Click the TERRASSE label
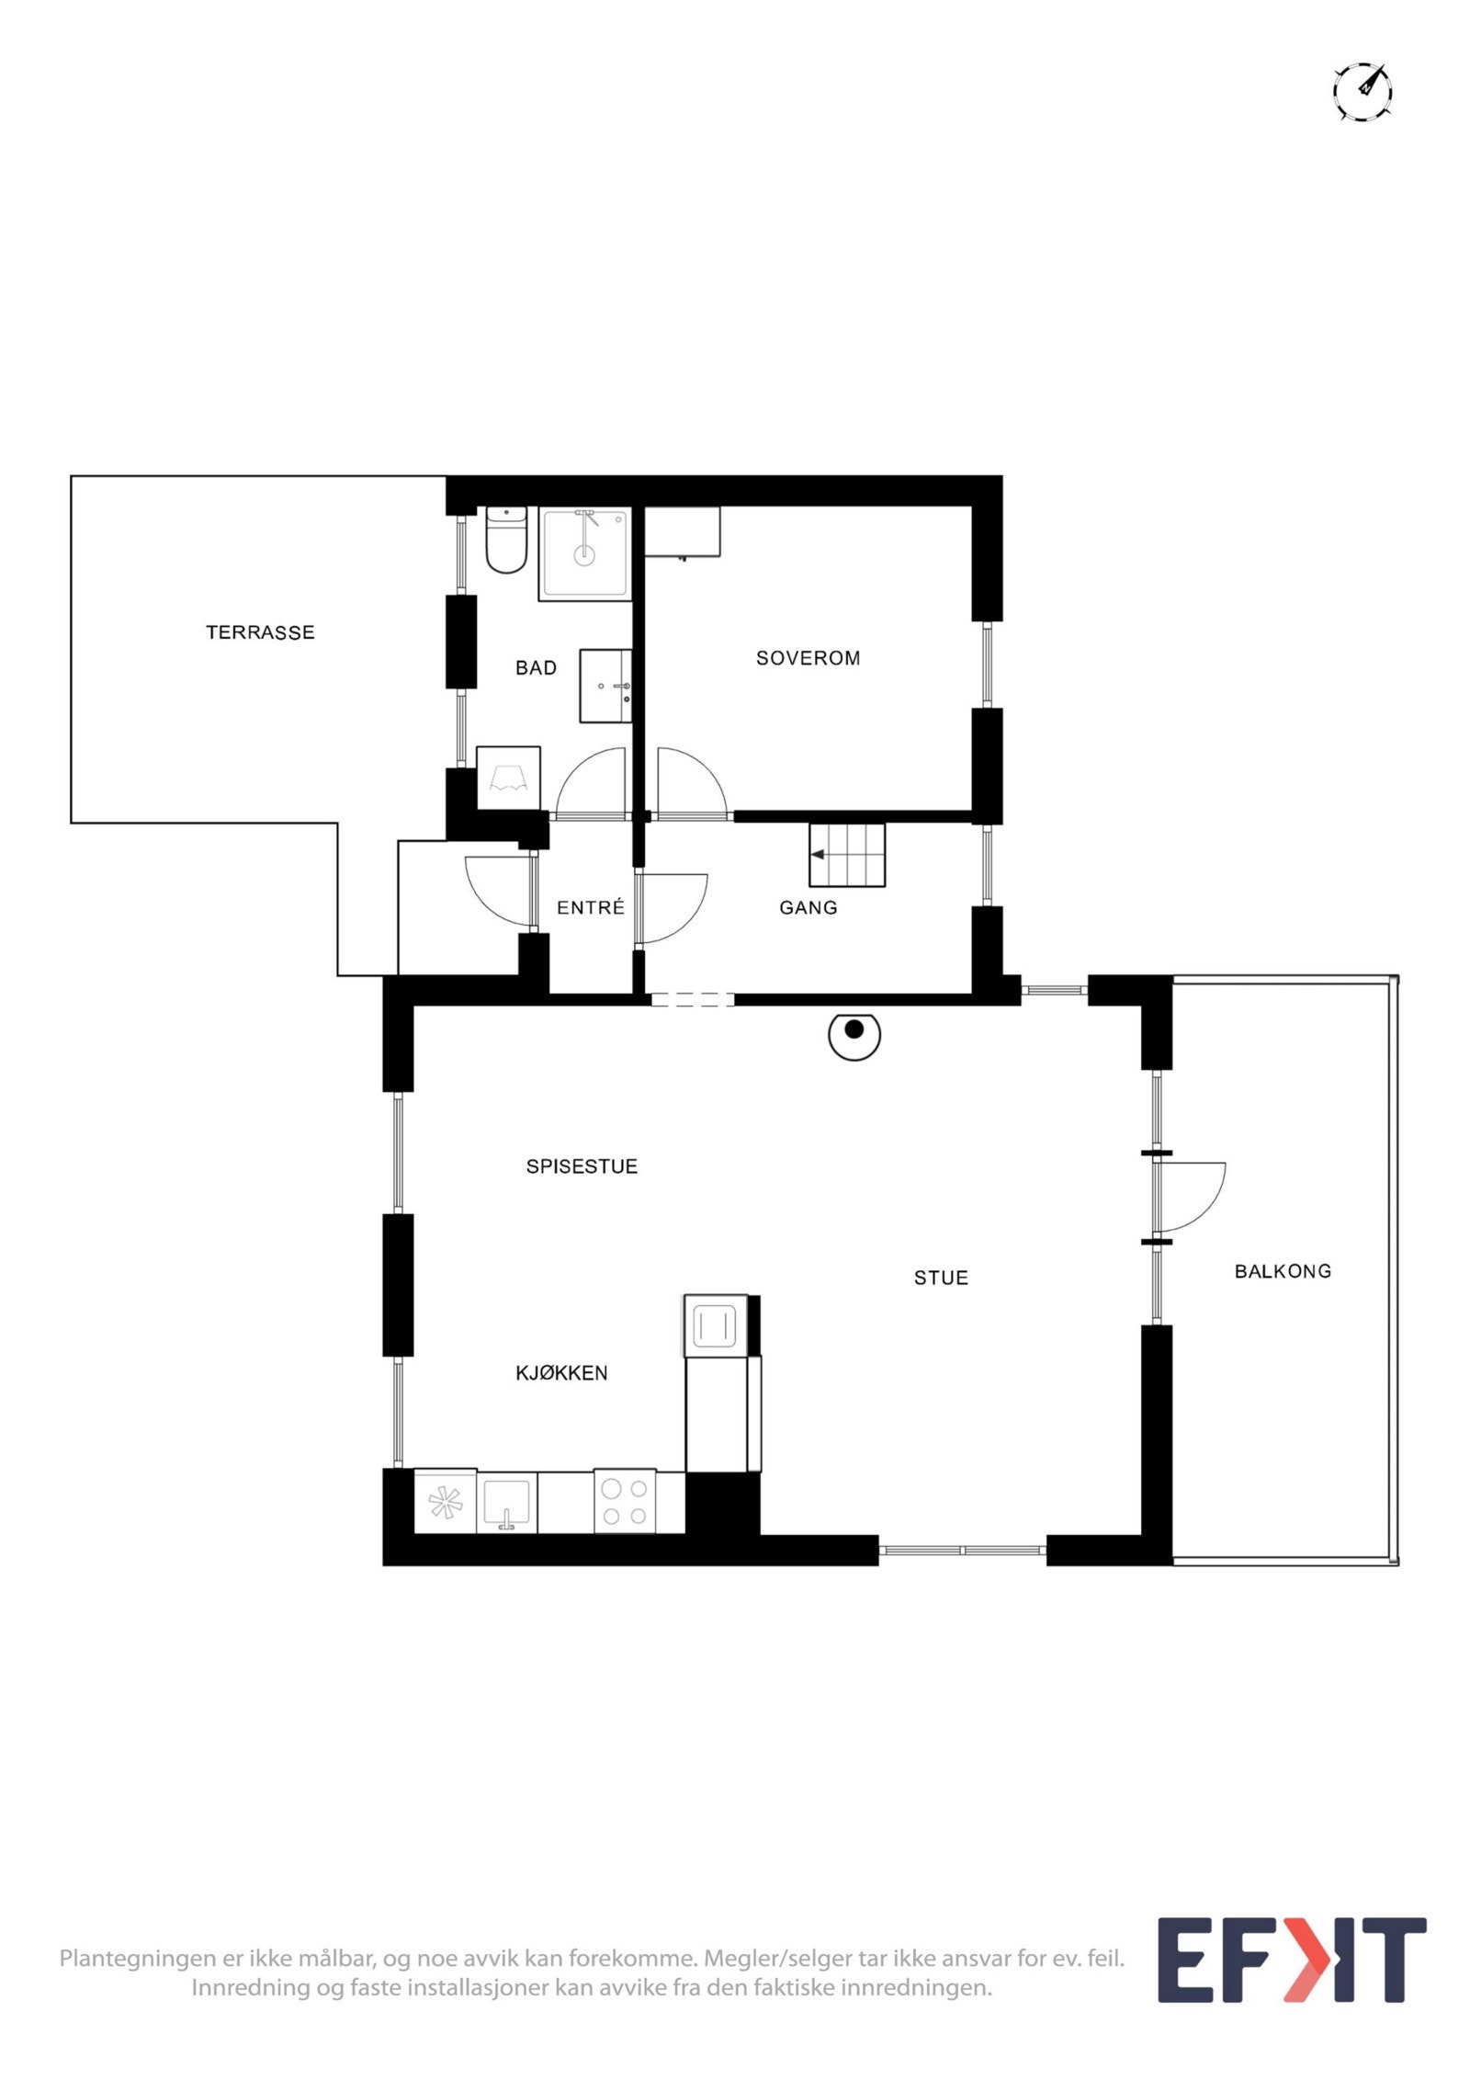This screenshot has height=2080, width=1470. [x=260, y=632]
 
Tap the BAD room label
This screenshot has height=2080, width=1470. [x=536, y=668]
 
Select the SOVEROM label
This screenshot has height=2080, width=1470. [x=808, y=658]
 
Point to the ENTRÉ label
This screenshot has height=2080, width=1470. [x=591, y=908]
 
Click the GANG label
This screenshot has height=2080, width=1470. [x=808, y=908]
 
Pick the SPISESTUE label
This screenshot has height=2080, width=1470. [x=582, y=1166]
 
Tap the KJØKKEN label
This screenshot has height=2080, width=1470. [x=561, y=1373]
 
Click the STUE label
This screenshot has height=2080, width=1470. [x=941, y=1278]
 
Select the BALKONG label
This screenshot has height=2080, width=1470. [x=1283, y=1271]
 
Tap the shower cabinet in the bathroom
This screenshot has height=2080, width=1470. [x=585, y=554]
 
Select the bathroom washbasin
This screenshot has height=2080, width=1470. [x=605, y=686]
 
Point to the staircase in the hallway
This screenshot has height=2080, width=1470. [x=847, y=855]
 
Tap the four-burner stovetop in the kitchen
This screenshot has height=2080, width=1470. [x=625, y=1501]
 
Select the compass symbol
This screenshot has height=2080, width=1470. [x=1363, y=92]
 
